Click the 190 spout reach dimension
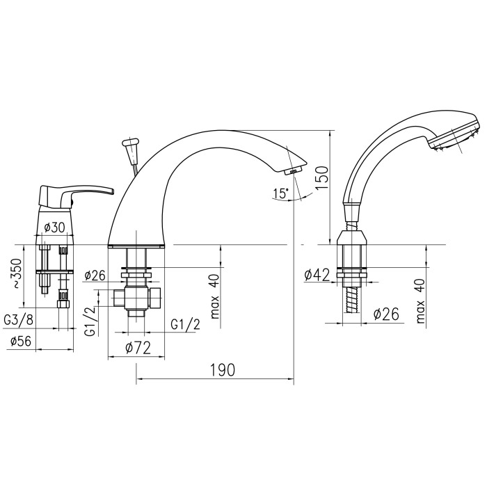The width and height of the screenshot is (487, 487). click(223, 370)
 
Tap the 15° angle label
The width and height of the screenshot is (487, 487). click(281, 193)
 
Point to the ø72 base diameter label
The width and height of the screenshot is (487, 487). click(138, 348)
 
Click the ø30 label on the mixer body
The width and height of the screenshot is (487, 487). click(54, 227)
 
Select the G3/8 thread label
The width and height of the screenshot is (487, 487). click(18, 319)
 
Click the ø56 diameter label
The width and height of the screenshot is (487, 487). click(21, 341)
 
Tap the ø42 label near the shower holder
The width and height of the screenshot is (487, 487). click(317, 275)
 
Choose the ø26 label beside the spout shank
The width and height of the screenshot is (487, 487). click(95, 275)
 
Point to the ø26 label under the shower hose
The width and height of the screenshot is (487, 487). click(386, 314)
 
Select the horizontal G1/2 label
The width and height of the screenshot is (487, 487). click(186, 325)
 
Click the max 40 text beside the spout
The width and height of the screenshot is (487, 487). click(215, 296)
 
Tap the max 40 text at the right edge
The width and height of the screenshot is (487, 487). click(420, 301)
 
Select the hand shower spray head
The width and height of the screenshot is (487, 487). click(455, 136)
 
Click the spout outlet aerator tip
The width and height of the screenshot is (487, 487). click(293, 170)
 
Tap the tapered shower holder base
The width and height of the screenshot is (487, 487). click(352, 238)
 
